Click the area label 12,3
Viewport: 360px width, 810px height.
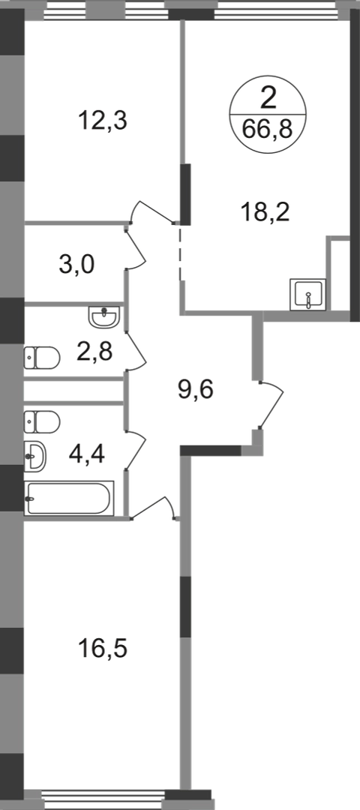(x=102, y=122)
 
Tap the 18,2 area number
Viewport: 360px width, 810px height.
(x=265, y=211)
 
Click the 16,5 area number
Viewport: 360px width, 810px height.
(x=102, y=648)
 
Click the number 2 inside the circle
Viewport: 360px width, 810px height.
(x=268, y=98)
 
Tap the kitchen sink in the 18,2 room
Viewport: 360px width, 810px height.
(x=307, y=295)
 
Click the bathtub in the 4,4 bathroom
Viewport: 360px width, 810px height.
(x=69, y=498)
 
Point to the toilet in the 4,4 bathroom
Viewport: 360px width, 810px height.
(x=42, y=421)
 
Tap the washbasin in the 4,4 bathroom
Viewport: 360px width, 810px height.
(x=34, y=457)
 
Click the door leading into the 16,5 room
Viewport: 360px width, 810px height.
(x=153, y=507)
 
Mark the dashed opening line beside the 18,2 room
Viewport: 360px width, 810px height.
(x=180, y=253)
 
